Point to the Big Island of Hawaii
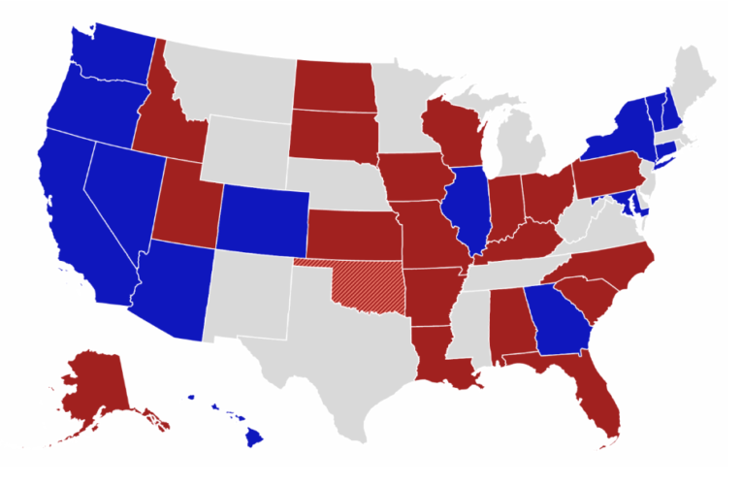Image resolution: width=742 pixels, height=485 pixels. click(253, 438)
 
